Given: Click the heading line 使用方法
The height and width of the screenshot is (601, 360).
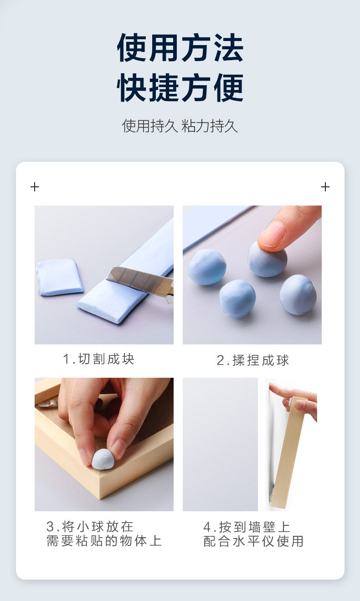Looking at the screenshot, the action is pyautogui.click(x=180, y=48).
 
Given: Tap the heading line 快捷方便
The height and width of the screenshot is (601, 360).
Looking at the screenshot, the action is pyautogui.click(x=180, y=87).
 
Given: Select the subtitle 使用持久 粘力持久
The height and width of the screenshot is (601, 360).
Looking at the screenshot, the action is pyautogui.click(x=180, y=126).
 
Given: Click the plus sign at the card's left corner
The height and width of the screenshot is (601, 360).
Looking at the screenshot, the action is pyautogui.click(x=35, y=187).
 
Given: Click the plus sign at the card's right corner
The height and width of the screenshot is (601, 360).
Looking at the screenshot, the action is pyautogui.click(x=325, y=187).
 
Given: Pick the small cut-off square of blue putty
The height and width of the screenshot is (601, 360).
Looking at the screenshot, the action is pyautogui.click(x=60, y=277).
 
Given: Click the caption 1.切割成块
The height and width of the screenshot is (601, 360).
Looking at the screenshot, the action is pyautogui.click(x=98, y=359).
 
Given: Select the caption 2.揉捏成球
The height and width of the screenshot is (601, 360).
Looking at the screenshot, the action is pyautogui.click(x=252, y=360).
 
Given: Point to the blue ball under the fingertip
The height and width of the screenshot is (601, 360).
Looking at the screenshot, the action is pyautogui.click(x=267, y=259).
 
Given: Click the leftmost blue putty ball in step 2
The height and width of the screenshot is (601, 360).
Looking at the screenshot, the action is pyautogui.click(x=207, y=267).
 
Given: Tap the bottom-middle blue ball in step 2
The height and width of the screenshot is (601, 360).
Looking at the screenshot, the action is pyautogui.click(x=237, y=299).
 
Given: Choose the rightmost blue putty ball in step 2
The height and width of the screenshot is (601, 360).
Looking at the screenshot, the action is pyautogui.click(x=298, y=295).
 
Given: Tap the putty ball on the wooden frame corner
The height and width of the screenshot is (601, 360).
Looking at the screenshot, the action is pyautogui.click(x=103, y=459).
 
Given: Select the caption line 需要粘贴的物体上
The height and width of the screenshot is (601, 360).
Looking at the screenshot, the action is pyautogui.click(x=104, y=541).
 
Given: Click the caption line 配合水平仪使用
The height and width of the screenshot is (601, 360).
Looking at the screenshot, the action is pyautogui.click(x=253, y=541).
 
